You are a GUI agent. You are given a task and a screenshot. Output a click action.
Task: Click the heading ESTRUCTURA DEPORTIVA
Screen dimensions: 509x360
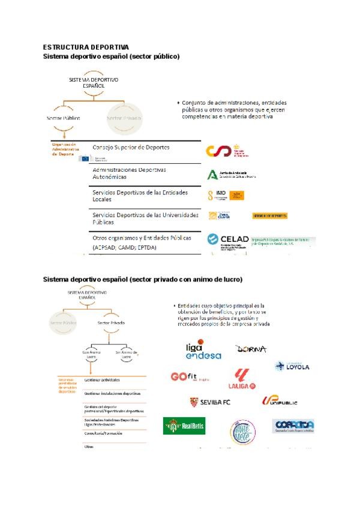(86, 46)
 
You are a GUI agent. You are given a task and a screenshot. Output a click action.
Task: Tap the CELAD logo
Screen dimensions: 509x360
(227, 239)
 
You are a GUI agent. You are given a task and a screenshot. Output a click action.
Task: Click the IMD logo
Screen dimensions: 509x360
(226, 195)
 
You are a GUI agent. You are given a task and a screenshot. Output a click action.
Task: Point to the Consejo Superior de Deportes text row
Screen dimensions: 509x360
(131, 147)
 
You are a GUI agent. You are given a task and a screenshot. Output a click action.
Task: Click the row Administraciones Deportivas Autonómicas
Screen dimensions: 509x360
(129, 173)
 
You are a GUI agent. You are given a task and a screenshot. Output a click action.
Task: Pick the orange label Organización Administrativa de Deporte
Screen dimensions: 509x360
(64, 149)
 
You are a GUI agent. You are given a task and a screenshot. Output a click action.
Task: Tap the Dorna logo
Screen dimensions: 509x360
(251, 349)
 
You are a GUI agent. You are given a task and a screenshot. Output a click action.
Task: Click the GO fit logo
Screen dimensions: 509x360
(190, 378)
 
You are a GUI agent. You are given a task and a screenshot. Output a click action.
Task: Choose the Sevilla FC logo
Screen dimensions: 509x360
(210, 402)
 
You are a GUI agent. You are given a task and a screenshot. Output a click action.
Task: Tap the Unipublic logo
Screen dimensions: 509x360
(280, 401)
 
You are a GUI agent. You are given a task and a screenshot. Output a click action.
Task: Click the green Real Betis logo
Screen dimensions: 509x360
(185, 426)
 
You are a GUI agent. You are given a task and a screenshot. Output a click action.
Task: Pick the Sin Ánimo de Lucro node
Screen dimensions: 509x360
(126, 354)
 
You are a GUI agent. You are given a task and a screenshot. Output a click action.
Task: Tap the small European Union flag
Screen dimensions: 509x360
(83, 158)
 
